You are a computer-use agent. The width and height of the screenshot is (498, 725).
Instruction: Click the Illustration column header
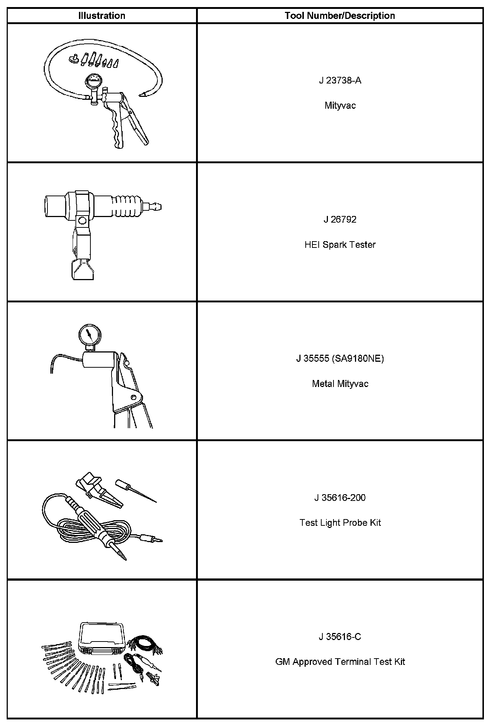[102, 16]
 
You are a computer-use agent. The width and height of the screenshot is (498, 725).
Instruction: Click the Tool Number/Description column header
[340, 16]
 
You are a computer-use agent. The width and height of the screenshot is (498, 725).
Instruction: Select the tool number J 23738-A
[340, 81]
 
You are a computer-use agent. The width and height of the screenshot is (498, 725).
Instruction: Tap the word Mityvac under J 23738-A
[340, 106]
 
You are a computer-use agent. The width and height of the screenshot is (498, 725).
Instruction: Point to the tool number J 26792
[340, 220]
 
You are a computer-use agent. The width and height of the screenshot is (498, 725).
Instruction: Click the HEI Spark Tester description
[340, 245]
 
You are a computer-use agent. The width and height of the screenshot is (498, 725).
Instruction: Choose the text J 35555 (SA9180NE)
[340, 359]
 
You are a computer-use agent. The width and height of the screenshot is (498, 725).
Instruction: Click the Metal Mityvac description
[340, 384]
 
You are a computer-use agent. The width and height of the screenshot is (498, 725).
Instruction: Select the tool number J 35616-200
[340, 498]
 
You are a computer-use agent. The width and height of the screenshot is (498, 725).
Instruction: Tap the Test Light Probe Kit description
[340, 523]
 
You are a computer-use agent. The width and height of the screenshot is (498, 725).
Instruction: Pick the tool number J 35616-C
[340, 637]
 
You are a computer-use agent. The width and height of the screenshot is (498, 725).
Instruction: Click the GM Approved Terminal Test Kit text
[340, 662]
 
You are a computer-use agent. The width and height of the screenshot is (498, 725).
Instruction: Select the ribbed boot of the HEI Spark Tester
[128, 206]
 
